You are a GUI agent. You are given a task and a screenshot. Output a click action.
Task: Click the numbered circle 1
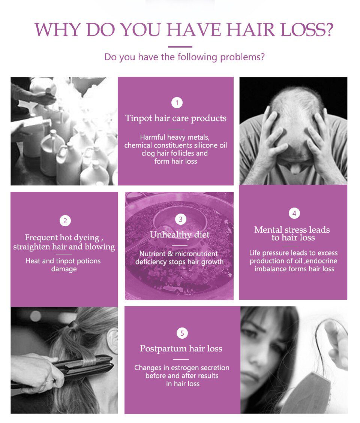[177, 103]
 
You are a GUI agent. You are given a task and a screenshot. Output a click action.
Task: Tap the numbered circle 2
[65, 221]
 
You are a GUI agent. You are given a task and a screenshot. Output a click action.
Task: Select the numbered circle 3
[181, 219]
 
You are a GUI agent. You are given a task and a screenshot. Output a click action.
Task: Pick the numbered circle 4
[294, 214]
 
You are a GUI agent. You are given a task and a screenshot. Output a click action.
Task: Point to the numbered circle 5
[182, 333]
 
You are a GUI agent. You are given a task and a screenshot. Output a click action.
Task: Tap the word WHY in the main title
[57, 29]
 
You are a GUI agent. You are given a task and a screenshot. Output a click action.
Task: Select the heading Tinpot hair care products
[176, 118]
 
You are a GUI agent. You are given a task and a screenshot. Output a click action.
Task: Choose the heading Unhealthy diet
[180, 235]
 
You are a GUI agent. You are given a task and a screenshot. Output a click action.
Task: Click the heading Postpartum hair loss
[181, 348]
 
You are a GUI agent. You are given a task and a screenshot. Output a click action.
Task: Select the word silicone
[205, 145]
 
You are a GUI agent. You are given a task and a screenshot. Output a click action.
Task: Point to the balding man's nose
[295, 168]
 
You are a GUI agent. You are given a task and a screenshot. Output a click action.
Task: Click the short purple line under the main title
[180, 47]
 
